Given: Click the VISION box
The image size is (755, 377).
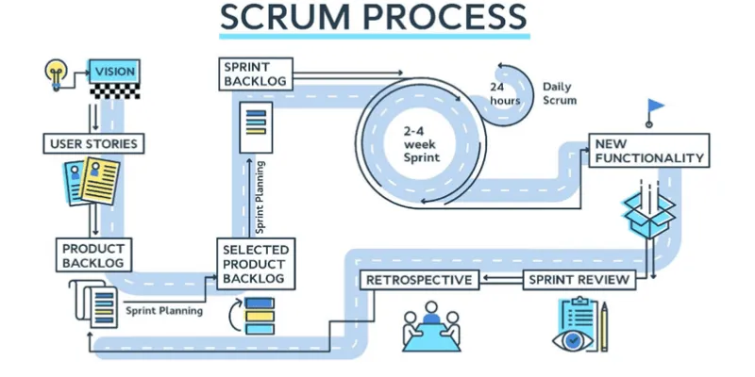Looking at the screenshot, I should (114, 70).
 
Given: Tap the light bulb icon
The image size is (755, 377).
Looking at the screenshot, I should (57, 71).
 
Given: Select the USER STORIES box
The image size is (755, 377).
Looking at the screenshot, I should (93, 144).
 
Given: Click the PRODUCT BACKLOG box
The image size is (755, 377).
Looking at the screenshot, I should (93, 254).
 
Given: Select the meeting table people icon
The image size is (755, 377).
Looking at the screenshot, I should (431, 323).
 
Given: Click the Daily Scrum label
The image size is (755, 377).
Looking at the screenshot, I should (560, 93).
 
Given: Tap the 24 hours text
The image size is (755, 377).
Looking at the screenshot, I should (505, 93).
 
